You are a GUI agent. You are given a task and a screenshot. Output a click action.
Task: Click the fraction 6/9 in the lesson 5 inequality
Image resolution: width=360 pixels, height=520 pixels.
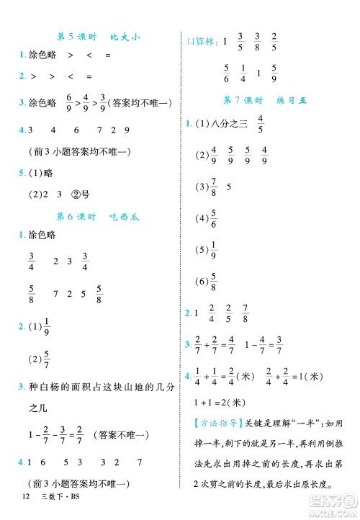69,104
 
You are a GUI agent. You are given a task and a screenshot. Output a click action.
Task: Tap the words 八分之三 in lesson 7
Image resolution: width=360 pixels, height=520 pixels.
228,123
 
